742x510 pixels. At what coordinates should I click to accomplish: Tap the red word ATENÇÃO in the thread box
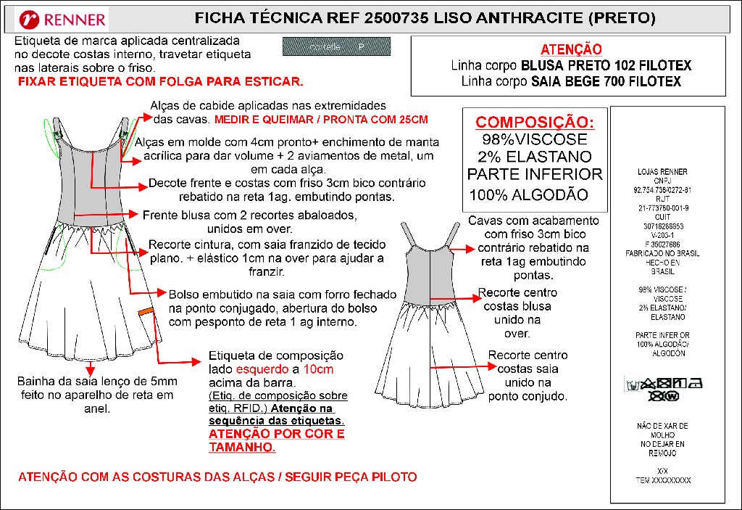(x=571, y=49)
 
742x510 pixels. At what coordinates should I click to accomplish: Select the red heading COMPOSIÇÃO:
(x=534, y=122)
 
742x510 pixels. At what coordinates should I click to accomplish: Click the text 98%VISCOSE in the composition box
(x=534, y=139)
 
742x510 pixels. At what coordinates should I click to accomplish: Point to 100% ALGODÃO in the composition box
(x=528, y=194)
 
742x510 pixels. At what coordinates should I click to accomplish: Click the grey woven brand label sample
(x=336, y=47)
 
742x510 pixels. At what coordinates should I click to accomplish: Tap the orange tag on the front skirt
(x=147, y=311)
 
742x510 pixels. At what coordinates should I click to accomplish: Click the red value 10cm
(x=318, y=369)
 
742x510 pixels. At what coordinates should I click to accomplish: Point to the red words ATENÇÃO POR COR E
(x=277, y=434)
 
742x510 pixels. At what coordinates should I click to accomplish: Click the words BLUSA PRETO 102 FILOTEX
(x=606, y=66)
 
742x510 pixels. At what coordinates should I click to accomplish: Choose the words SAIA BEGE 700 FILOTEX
(x=606, y=82)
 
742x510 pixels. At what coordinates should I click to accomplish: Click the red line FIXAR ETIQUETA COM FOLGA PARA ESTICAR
(x=161, y=82)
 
